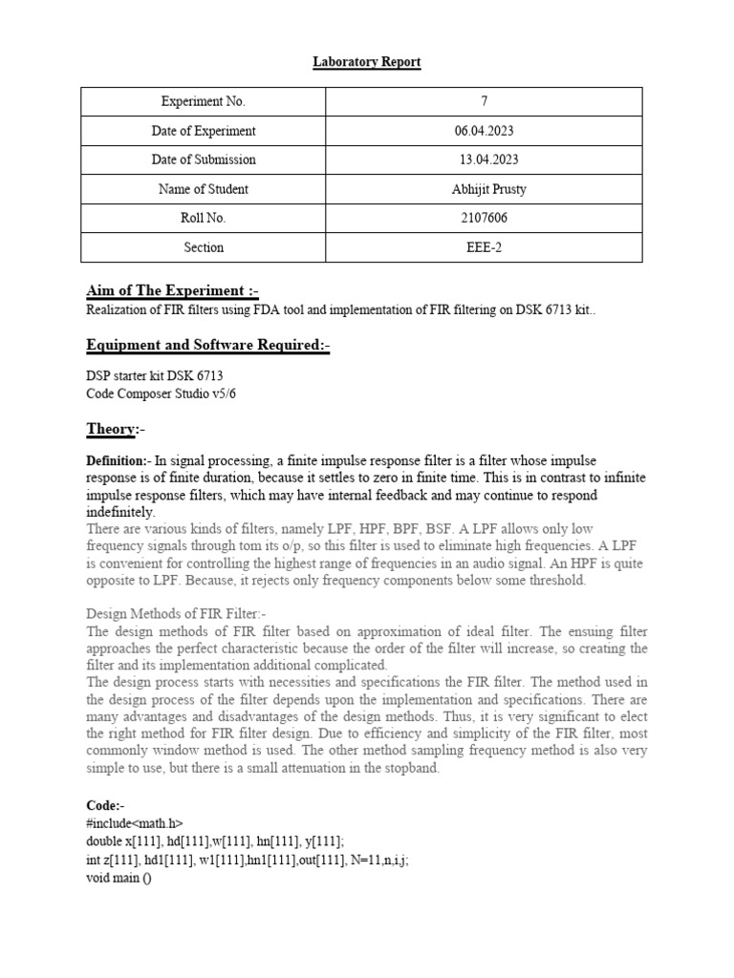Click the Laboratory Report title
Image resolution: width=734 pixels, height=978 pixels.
point(367,62)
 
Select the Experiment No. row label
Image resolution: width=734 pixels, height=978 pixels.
point(203,101)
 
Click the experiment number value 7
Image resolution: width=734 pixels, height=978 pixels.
point(485,101)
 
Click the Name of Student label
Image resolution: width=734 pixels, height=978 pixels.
point(203,189)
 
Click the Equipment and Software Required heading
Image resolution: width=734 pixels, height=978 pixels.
point(208,345)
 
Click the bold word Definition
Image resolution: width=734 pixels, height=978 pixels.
point(118,461)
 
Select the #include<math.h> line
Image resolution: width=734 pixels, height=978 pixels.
point(135,822)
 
